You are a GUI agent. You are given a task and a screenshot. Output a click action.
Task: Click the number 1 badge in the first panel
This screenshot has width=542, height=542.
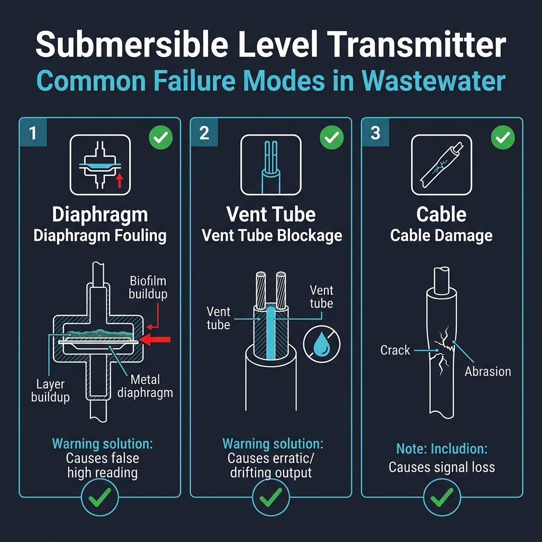tap(33, 133)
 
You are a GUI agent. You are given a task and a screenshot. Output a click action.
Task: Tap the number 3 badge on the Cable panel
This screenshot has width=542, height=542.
tap(375, 133)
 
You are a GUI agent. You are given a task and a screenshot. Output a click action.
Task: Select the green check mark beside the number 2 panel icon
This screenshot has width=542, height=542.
tap(331, 139)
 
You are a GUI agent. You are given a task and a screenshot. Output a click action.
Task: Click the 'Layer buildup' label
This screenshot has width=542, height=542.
tap(50, 390)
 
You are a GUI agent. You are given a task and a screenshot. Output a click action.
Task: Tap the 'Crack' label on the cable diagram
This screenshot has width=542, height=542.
tap(395, 350)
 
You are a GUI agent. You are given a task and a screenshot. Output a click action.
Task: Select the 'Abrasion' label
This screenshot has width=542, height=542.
tap(487, 372)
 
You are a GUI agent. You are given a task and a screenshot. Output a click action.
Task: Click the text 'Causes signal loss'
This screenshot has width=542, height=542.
tap(442, 467)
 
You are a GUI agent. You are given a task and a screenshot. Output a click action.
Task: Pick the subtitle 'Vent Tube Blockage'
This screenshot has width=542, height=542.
tap(272, 236)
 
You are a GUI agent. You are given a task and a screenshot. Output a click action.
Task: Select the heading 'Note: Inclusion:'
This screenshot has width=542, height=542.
tap(442, 449)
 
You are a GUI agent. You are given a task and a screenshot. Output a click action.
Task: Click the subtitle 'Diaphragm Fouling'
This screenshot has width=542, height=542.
tap(100, 236)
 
